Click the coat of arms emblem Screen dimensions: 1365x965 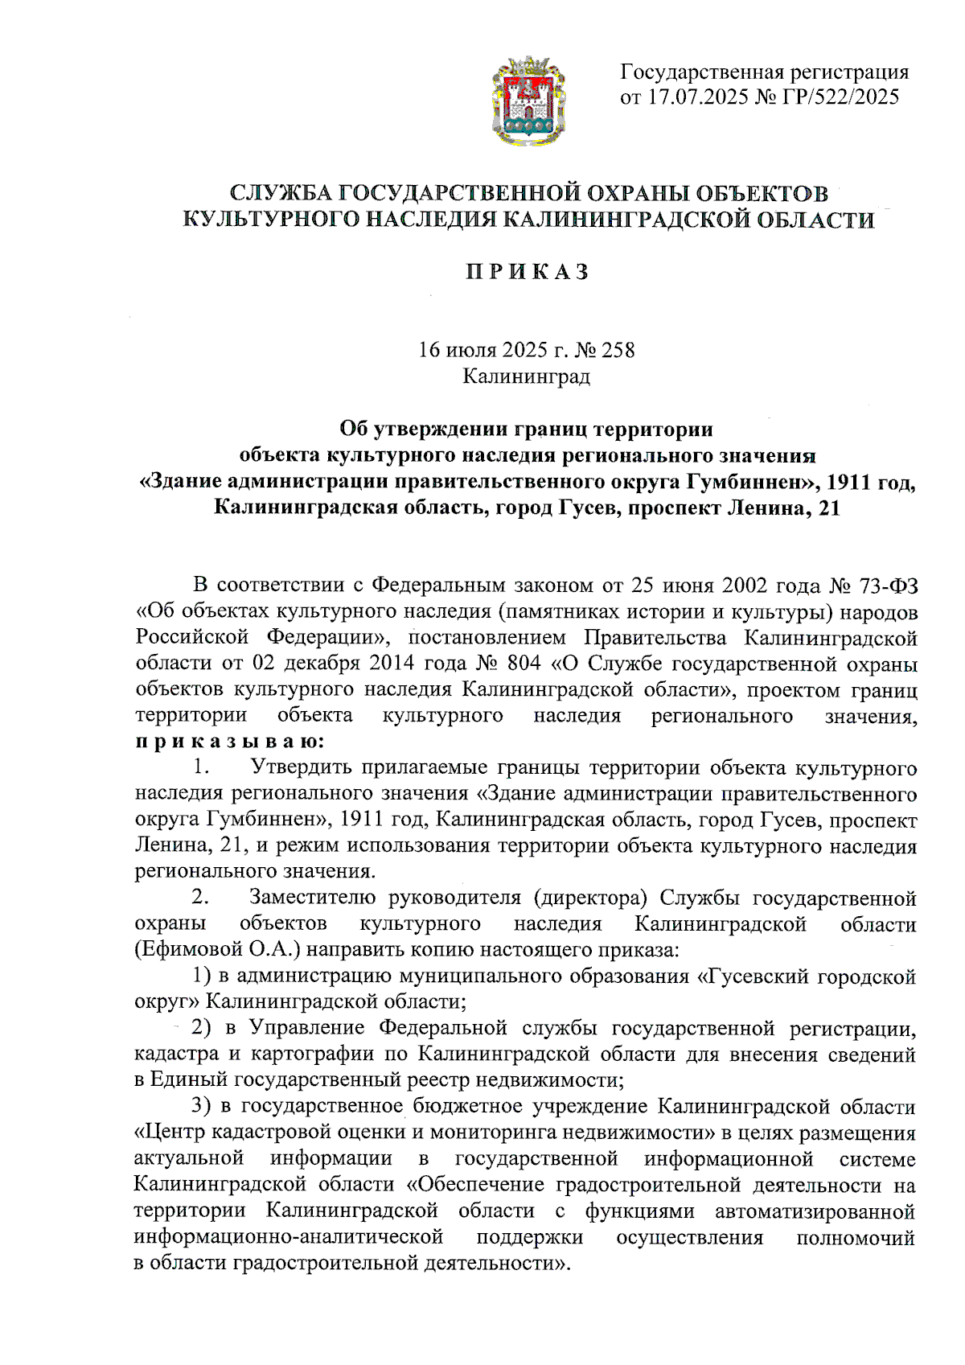(x=527, y=100)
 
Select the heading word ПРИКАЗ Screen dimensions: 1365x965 (x=527, y=272)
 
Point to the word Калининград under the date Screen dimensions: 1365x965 (x=527, y=376)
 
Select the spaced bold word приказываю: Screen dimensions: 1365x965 (x=230, y=742)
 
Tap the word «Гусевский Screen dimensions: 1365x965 (x=752, y=976)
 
